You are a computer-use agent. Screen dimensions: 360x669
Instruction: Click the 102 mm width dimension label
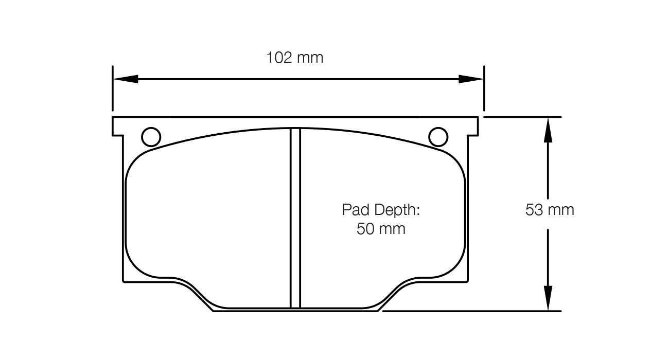294,58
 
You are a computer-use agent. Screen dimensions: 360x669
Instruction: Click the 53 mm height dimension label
549,210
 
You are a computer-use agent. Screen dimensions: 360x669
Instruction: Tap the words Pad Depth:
381,210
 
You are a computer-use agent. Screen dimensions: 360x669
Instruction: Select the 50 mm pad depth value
381,229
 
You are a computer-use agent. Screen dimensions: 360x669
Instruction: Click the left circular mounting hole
151,137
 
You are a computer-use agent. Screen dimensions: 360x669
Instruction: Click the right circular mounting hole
438,137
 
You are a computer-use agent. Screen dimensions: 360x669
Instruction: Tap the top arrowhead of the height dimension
549,129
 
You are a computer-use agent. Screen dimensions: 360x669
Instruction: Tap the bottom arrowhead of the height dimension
549,299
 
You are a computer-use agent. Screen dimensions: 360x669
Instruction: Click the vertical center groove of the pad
295,219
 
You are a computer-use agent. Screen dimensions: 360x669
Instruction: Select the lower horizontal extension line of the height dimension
471,311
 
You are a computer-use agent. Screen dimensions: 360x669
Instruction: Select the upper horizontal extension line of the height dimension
522,117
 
